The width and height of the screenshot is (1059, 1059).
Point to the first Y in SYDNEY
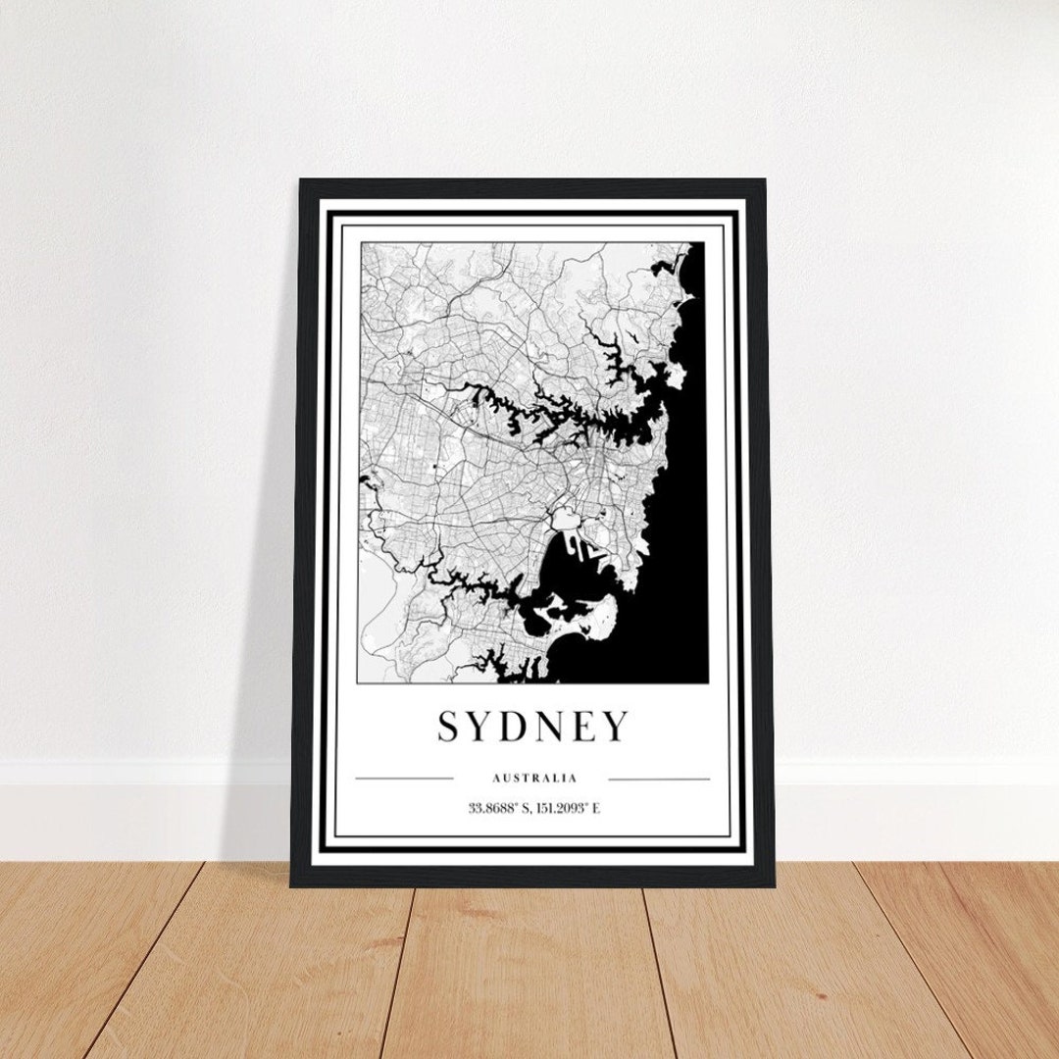point(485,727)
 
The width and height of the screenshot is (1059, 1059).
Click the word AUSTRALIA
point(534,779)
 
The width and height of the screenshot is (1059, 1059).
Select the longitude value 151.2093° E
point(570,809)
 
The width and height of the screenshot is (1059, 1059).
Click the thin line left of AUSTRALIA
point(404,779)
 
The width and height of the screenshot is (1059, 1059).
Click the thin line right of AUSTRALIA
point(659,779)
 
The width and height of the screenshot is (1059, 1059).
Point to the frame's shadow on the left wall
point(265,588)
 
